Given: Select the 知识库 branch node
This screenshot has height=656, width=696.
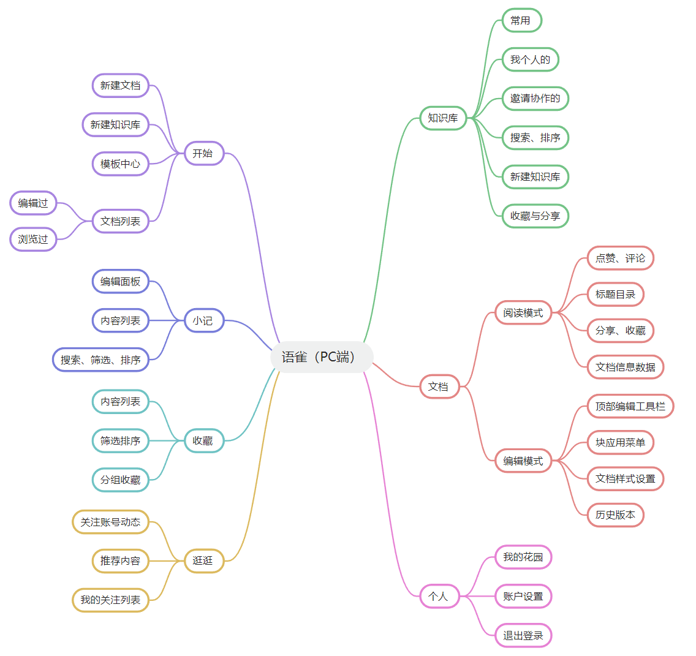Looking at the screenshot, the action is point(443,118).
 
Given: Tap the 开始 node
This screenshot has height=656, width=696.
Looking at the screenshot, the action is point(203,153).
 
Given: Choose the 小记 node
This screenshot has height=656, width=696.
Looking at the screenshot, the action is point(203,320).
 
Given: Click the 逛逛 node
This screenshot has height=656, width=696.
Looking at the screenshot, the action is point(203,560).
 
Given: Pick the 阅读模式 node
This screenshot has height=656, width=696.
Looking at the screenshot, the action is point(523,313).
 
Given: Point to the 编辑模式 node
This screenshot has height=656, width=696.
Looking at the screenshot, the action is point(523,461).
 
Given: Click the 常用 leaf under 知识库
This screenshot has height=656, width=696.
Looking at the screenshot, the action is point(521,20).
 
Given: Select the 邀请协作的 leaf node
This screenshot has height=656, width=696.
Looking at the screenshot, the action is point(535,98).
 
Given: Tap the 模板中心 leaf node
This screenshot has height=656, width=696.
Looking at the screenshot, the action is point(120,164).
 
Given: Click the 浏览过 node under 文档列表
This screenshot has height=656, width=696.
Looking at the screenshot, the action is point(33,239).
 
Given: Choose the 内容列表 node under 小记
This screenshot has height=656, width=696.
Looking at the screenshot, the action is point(120,320).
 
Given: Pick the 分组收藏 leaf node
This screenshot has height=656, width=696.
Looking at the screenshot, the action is point(120,480).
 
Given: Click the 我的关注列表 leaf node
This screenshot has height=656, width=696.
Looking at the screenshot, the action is point(110,600).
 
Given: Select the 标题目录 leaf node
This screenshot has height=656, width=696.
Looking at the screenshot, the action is point(615,294).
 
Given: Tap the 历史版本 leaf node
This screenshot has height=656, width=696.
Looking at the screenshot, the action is point(615,515).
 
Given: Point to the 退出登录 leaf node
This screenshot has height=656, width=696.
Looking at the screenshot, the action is point(523,635).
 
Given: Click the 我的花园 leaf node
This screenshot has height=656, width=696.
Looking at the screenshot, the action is point(523,557).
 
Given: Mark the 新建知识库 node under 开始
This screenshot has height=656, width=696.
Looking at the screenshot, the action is point(115,124).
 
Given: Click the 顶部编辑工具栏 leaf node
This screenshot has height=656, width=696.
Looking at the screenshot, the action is point(630,406).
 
